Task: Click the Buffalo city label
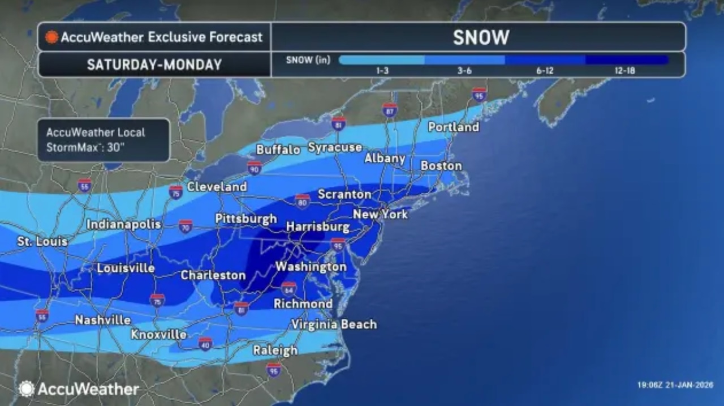tap(278, 150)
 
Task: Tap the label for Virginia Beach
tap(334, 324)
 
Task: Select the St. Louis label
tap(42, 242)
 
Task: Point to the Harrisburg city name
tap(317, 226)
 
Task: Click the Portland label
tap(453, 127)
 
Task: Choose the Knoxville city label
tap(158, 335)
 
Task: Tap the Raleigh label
tap(275, 351)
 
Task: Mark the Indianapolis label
tap(124, 224)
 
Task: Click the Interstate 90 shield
tap(254, 168)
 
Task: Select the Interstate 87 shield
tap(389, 110)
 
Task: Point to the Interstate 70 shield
tap(186, 226)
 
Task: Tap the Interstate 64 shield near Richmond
tap(288, 288)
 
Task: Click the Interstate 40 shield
tap(205, 344)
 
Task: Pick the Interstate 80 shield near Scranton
tap(303, 200)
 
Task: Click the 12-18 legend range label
tap(626, 71)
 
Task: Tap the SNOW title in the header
tap(481, 37)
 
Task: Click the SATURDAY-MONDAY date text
tap(154, 65)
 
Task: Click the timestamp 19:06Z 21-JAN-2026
tap(675, 385)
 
